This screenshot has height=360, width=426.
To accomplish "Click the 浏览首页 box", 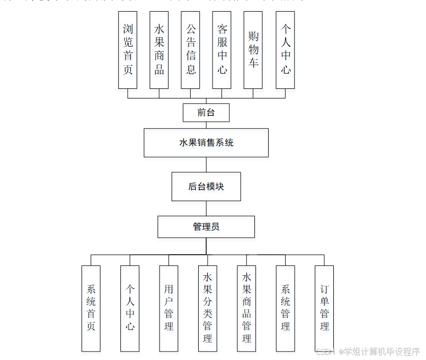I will coord(128,50).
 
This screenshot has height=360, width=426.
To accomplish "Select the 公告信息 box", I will coord(191,50).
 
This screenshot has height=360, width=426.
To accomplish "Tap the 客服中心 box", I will coord(222,50).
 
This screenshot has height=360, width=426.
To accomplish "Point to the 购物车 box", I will coord(253,50).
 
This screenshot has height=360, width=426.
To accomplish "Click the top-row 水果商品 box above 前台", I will coord(159,50).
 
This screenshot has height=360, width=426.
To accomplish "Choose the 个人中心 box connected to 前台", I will coord(286,50).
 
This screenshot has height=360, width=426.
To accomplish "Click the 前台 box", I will coord(206,112).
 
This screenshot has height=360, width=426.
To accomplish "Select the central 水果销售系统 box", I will coord(206,142).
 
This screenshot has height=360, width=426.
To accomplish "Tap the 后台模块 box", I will coord(206,186).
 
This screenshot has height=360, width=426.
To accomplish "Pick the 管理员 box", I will coord(206,227).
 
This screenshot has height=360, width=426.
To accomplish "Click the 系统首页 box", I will coord(91,308).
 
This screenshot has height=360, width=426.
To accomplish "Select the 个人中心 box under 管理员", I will coord(130,308).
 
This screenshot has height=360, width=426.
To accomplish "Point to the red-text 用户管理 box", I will coord(168,308).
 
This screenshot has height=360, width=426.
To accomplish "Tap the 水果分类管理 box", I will coord(208,308).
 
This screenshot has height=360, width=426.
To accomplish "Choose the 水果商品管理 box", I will coord(246,308).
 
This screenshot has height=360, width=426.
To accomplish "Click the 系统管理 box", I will coord(285,308).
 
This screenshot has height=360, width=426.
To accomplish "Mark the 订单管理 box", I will coord(324,308).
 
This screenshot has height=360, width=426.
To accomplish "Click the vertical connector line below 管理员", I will coord(206,246).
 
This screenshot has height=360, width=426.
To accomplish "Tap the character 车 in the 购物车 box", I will coord(253,63).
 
